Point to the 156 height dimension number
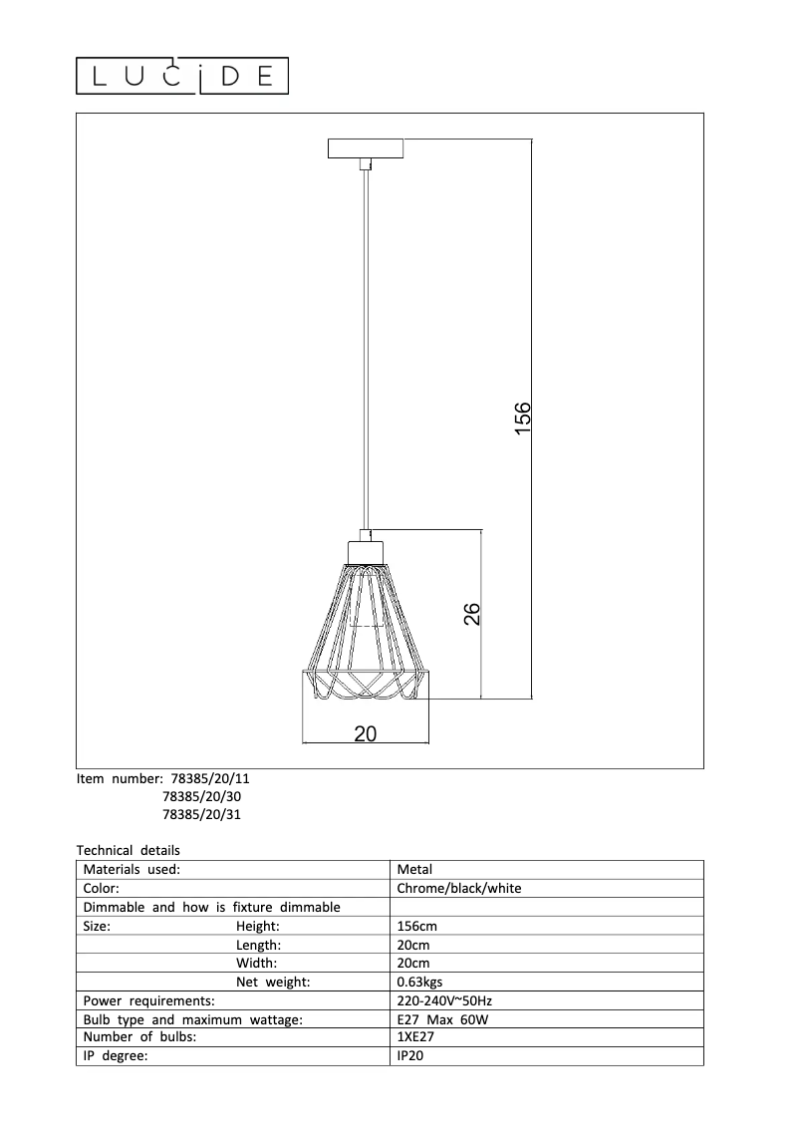coord(523,415)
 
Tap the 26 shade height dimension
coord(472,614)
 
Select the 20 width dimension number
coord(366,733)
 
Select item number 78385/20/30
coord(201,796)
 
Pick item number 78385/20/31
coord(201,814)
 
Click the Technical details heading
coord(129,850)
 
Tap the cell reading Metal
coord(414,869)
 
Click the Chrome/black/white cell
coord(459,888)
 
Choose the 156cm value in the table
coord(416,926)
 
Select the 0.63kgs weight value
coord(419,983)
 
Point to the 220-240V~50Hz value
coord(443,1000)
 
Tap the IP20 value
coord(410,1056)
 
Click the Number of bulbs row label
coord(139,1037)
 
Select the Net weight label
coord(273,983)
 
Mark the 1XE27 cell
coord(415,1037)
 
